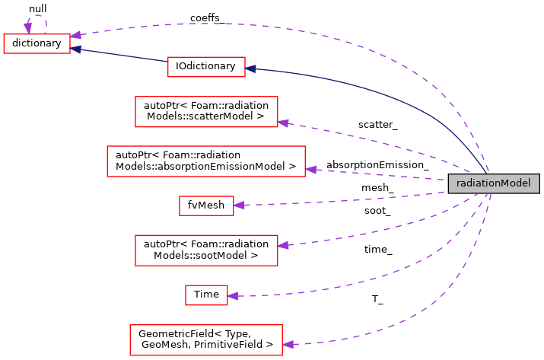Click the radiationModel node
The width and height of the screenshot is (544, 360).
pyautogui.click(x=493, y=183)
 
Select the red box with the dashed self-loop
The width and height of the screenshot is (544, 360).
pyautogui.click(x=37, y=44)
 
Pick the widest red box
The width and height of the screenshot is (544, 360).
pyautogui.click(x=205, y=161)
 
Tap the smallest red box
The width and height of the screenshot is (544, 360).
pyautogui.click(x=206, y=295)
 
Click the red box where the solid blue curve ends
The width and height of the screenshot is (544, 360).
pyautogui.click(x=206, y=67)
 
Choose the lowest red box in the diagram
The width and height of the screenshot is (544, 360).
pyautogui.click(x=205, y=340)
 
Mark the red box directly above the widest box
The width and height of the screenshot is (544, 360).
pyautogui.click(x=206, y=112)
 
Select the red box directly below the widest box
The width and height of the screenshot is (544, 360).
pyautogui.click(x=206, y=205)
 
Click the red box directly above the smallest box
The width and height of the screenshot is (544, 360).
pyautogui.click(x=206, y=250)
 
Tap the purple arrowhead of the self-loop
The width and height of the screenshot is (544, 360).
pyautogui.click(x=27, y=29)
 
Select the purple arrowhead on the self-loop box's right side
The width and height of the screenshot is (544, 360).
pyautogui.click(x=76, y=36)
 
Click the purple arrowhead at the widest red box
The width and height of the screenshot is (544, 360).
pyautogui.click(x=311, y=169)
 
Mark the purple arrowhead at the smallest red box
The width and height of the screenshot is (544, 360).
pyautogui.click(x=233, y=296)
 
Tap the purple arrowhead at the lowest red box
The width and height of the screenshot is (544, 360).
pyautogui.click(x=288, y=345)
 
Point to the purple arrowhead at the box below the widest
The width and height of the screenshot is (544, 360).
pyautogui.click(x=239, y=205)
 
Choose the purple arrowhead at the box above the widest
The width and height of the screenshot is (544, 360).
pyautogui.click(x=283, y=123)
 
